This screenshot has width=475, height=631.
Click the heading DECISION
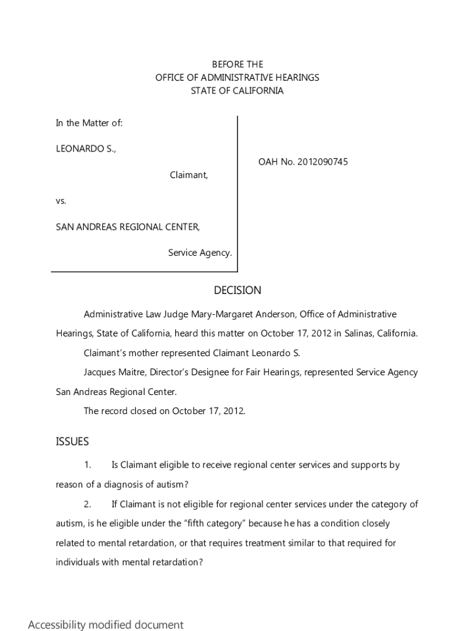[x=238, y=290]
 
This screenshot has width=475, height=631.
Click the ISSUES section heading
[x=72, y=441]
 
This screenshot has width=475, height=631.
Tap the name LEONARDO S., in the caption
[x=86, y=149]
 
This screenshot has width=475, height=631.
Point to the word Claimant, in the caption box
[x=189, y=175]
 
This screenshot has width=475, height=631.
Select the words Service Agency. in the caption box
[x=200, y=253]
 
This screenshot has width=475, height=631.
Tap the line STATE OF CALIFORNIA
[x=238, y=91]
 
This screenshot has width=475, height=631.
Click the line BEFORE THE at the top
[x=238, y=64]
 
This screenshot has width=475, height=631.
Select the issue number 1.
[x=88, y=465]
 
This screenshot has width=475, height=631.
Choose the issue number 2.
[x=88, y=504]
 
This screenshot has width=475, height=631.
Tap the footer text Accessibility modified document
[x=105, y=624]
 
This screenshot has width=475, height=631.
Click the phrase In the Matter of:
[x=89, y=123]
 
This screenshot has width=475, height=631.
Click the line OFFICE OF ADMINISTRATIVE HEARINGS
[x=238, y=78]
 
